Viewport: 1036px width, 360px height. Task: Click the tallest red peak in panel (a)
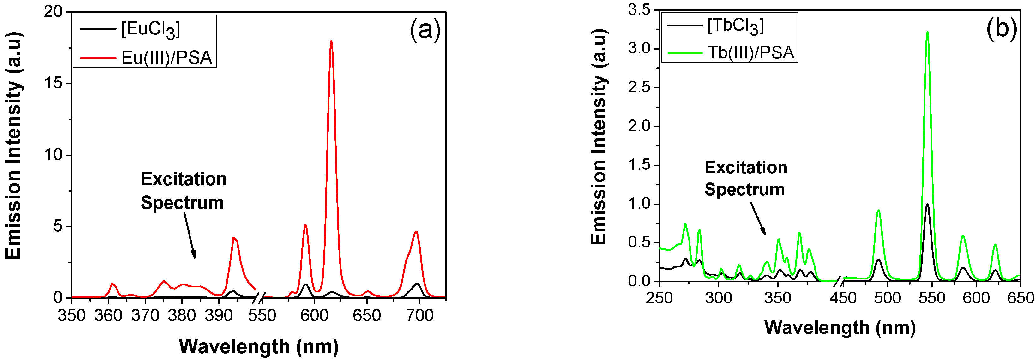pos(331,41)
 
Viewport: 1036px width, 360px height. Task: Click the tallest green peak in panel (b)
pos(927,32)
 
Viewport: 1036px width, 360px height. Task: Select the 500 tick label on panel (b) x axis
pos(887,298)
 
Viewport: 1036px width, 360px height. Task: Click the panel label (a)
pos(425,29)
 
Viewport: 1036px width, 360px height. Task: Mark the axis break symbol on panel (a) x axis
pos(260,298)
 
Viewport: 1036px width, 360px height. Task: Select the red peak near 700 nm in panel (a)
pos(416,232)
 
